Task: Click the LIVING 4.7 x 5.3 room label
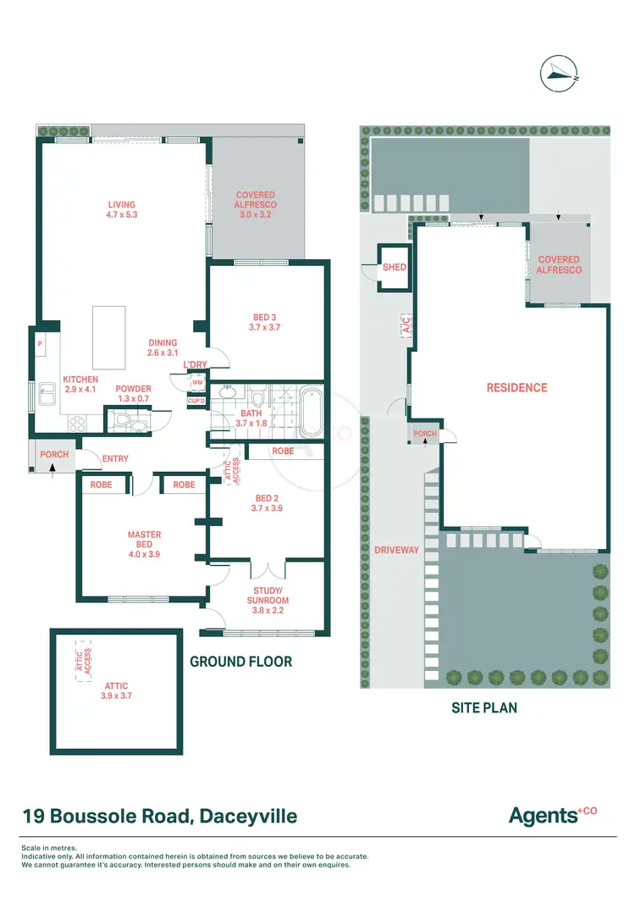pos(121,210)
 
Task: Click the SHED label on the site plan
pos(395,267)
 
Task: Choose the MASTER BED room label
pos(144,540)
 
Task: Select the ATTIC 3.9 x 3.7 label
pos(116,690)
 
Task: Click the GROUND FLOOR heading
pos(240,662)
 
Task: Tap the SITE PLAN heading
pos(483,707)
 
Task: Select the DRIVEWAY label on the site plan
pos(397,550)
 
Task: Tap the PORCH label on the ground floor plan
pos(54,455)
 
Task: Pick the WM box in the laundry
pos(197,383)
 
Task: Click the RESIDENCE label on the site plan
pos(516,387)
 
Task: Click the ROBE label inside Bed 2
pos(283,452)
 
